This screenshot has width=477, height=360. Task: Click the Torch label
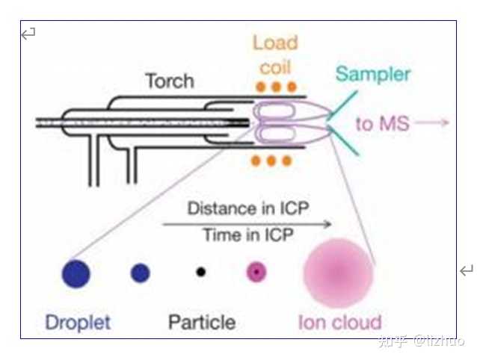170,81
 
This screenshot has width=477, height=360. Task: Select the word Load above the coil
275,43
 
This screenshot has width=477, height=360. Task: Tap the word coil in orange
275,67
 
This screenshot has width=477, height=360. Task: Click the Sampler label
373,75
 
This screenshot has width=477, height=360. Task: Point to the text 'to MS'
382,124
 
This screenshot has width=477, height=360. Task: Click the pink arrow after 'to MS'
432,122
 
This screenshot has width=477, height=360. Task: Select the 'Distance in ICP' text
248,208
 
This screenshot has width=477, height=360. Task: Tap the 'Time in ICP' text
248,235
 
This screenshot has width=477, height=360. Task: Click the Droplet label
78,323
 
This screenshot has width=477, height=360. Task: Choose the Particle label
202,322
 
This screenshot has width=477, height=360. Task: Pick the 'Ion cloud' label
339,323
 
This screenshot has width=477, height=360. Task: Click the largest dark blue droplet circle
76,273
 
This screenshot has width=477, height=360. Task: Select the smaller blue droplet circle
141,273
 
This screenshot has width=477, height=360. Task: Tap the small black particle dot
201,272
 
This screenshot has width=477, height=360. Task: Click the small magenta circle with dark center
256,272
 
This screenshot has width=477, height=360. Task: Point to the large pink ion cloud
338,273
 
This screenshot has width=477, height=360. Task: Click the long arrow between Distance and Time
247,225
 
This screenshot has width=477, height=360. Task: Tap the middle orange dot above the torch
276,87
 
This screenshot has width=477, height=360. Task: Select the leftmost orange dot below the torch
256,161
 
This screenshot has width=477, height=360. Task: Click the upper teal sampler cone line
342,105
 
